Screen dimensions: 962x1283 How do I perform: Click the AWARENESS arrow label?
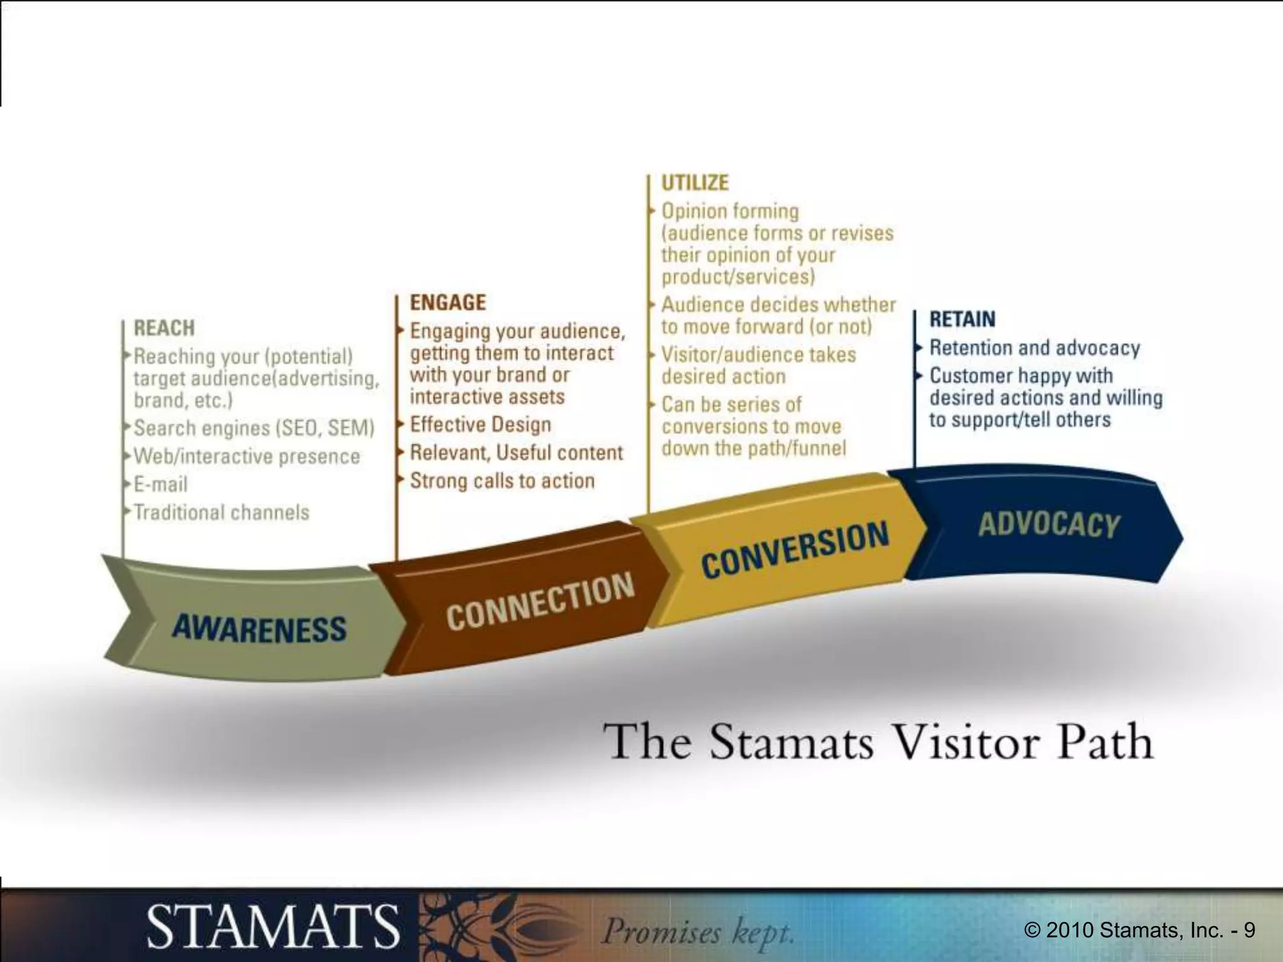tap(259, 628)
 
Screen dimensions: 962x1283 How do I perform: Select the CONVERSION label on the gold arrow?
tap(794, 549)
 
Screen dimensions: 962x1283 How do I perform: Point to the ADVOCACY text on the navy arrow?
tap(1049, 524)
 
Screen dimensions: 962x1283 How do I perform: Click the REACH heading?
tap(164, 328)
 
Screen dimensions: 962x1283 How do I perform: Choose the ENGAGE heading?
tap(448, 303)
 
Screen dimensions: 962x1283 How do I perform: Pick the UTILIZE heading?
tap(695, 182)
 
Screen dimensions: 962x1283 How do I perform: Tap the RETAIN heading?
tap(962, 319)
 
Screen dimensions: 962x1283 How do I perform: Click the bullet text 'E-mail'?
tap(160, 484)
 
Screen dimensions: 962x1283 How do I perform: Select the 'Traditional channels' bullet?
tap(221, 512)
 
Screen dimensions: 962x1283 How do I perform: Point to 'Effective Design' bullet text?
tap(480, 425)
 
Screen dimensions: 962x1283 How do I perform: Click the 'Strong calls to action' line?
tap(502, 480)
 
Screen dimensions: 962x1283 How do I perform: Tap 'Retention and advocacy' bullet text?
tap(1034, 348)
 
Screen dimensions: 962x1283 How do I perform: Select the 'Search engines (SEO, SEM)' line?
tap(254, 428)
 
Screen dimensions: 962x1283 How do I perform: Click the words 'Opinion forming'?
tap(730, 211)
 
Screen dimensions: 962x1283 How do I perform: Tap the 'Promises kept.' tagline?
tap(697, 931)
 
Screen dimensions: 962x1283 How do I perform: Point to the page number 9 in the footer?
tap(1249, 931)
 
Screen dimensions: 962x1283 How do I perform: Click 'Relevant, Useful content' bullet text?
tap(516, 452)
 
